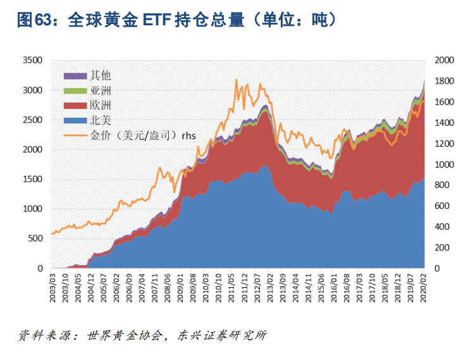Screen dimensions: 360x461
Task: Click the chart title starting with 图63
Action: click(176, 20)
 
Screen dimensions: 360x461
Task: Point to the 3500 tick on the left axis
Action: click(31, 61)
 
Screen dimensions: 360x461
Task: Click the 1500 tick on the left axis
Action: click(31, 180)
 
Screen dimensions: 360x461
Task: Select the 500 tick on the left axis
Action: click(34, 239)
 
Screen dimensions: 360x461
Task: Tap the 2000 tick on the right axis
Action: click(445, 61)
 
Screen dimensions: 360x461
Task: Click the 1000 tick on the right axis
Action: click(445, 164)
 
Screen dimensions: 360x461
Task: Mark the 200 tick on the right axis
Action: click(442, 248)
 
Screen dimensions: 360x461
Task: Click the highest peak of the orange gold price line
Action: click(236, 80)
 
